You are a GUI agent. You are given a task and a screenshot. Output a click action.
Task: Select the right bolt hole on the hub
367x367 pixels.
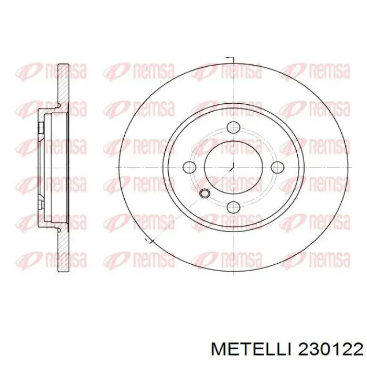[x=277, y=167]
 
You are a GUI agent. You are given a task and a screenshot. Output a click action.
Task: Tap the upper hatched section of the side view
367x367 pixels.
[x=63, y=87]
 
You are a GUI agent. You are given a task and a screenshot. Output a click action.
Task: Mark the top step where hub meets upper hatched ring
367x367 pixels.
[x=59, y=107]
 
